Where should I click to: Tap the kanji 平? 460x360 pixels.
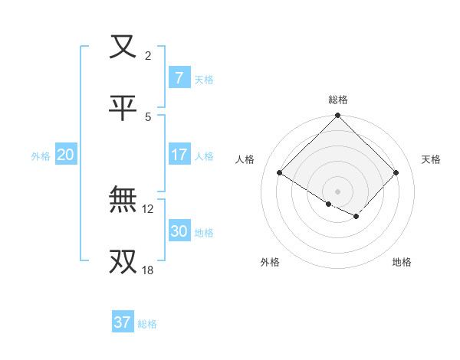click(x=123, y=108)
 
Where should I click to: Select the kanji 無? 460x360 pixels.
click(x=123, y=201)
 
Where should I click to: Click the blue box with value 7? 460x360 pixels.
click(x=179, y=78)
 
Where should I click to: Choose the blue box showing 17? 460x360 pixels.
click(x=179, y=155)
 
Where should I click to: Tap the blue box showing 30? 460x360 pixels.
click(x=179, y=231)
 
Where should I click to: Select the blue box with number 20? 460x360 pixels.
click(x=65, y=155)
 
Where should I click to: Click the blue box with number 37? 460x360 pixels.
click(x=122, y=322)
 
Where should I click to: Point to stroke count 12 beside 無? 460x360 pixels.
click(x=148, y=208)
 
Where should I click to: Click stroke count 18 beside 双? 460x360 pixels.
click(x=148, y=270)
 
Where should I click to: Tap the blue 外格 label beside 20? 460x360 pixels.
click(x=41, y=155)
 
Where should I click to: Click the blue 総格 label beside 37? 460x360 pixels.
click(x=147, y=323)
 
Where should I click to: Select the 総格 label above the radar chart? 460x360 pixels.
click(x=338, y=100)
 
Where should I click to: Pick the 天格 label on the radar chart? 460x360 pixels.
click(x=432, y=159)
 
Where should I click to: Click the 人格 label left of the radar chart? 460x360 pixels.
click(x=245, y=159)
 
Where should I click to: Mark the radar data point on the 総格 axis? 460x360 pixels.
click(x=338, y=116)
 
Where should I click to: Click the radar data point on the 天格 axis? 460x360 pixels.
click(x=396, y=173)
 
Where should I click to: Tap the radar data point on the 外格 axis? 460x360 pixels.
click(x=329, y=204)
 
